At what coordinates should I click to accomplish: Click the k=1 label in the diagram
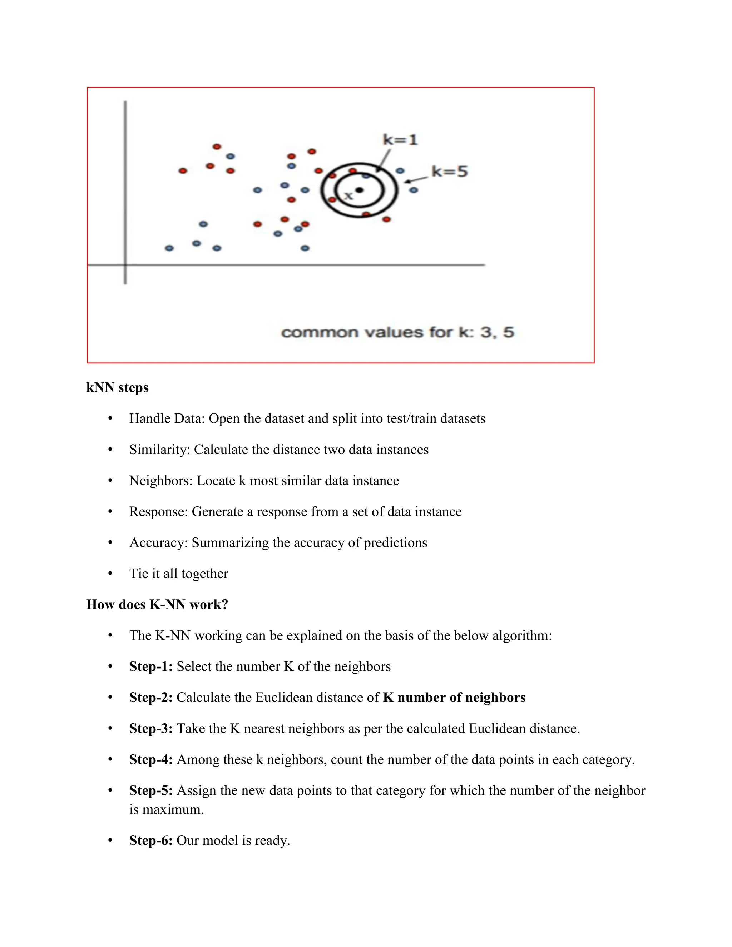pos(400,140)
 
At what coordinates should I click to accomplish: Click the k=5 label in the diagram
pos(449,171)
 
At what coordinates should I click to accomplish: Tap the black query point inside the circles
pos(359,190)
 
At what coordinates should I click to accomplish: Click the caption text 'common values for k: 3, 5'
pos(397,333)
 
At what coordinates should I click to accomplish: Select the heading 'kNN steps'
pos(117,387)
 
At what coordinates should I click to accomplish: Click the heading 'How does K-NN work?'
pos(157,604)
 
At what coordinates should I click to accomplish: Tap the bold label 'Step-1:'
pos(151,666)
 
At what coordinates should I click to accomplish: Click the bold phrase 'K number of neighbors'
pos(454,697)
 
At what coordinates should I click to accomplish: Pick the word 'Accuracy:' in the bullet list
pos(158,542)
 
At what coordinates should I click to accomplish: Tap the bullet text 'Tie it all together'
pos(179,573)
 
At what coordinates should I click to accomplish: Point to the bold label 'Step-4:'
pos(151,759)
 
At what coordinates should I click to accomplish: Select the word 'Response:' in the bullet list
pos(159,511)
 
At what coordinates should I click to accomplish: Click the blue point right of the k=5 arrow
pos(413,190)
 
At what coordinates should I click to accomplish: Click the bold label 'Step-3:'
pos(151,728)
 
